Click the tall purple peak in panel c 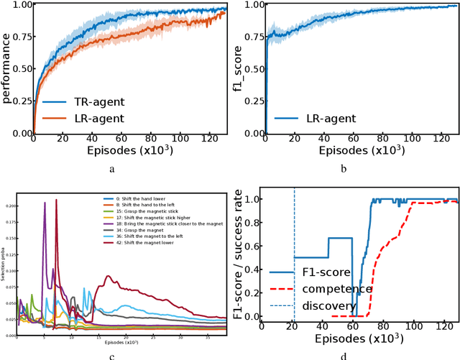45,204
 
